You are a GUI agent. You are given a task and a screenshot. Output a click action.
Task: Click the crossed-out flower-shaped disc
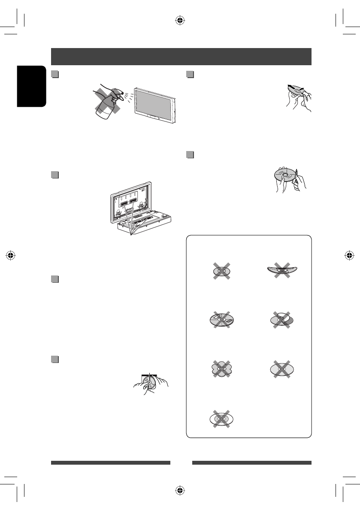point(221,369)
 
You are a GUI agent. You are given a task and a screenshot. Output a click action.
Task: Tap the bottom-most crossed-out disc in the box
point(221,417)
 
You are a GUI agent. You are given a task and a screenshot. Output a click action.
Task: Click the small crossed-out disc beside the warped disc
point(221,271)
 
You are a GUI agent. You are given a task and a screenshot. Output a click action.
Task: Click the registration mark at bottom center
point(180,491)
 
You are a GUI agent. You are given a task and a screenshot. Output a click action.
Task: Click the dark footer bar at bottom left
point(111,463)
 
